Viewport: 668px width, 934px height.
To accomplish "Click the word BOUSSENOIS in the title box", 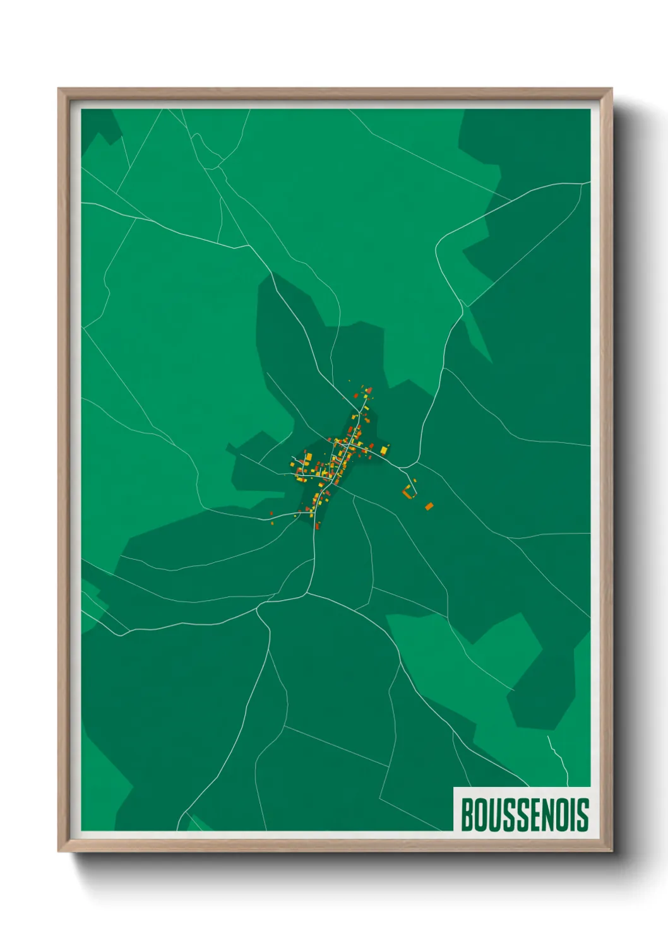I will pyautogui.click(x=525, y=814).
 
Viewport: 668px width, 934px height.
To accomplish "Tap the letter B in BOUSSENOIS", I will pyautogui.click(x=468, y=814).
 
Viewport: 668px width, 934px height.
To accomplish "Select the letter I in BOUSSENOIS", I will pyautogui.click(x=572, y=814).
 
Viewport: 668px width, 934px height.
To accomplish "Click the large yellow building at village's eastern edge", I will pyautogui.click(x=384, y=450).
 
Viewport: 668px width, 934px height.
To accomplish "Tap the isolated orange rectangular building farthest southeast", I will pyautogui.click(x=429, y=506).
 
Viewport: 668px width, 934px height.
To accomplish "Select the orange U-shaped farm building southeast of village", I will pyautogui.click(x=408, y=492).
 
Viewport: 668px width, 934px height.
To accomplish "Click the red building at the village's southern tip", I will pyautogui.click(x=317, y=524).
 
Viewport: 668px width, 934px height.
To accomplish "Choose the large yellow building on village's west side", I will pyautogui.click(x=308, y=457).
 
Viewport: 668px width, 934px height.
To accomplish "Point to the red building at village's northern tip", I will pyautogui.click(x=369, y=391).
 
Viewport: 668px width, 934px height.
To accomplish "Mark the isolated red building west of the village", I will pyautogui.click(x=272, y=514).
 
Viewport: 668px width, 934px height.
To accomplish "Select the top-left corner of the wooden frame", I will pyautogui.click(x=59, y=90).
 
